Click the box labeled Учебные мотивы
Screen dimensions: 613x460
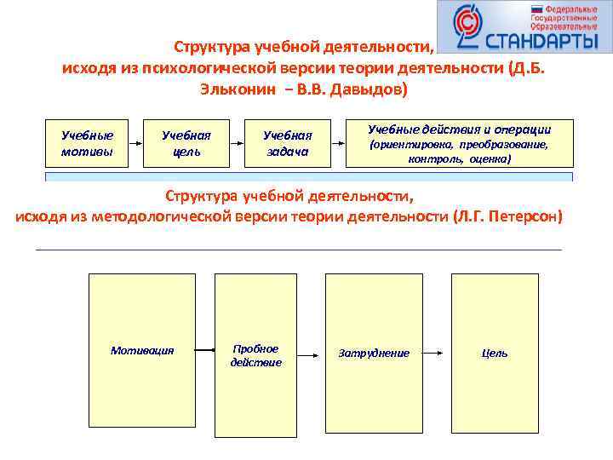tap(88, 143)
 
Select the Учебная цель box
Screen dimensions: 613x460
tap(186, 143)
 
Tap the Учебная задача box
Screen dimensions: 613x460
tap(287, 143)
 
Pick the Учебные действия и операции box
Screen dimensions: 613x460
tap(459, 143)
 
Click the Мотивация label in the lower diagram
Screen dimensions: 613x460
tap(142, 350)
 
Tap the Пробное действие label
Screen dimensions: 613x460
tap(255, 355)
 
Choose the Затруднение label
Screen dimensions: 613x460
tap(374, 353)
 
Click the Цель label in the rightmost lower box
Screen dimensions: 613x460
tap(494, 353)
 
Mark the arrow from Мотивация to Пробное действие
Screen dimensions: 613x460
tap(203, 350)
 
